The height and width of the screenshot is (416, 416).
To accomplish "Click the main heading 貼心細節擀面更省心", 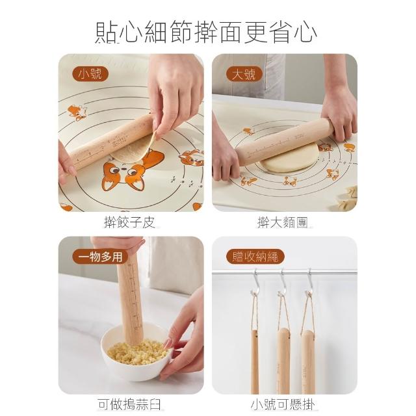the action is [206, 32].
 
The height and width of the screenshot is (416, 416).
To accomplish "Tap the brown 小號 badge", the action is [90, 74].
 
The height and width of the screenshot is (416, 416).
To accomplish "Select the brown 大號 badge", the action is [244, 74].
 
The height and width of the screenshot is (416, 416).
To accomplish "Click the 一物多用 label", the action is [100, 257].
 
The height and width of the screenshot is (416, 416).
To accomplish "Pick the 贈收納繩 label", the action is [255, 257].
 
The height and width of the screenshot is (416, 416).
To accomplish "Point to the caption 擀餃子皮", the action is [129, 222].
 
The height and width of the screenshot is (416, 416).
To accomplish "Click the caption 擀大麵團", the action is [283, 222].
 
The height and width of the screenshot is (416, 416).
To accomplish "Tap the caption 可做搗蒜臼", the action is [129, 404].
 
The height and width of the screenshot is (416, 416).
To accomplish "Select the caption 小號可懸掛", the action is [283, 404].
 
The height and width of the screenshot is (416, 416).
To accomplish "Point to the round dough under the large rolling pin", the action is [289, 159].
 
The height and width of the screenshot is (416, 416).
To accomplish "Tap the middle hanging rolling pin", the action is [283, 361].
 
